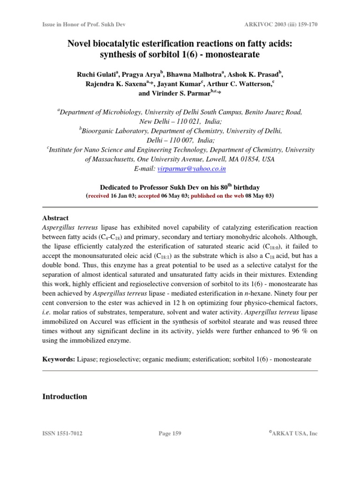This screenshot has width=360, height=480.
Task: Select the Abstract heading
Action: tap(55, 218)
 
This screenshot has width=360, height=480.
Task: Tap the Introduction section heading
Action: tap(65, 396)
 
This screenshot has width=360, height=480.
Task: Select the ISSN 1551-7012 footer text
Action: tap(62, 434)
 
